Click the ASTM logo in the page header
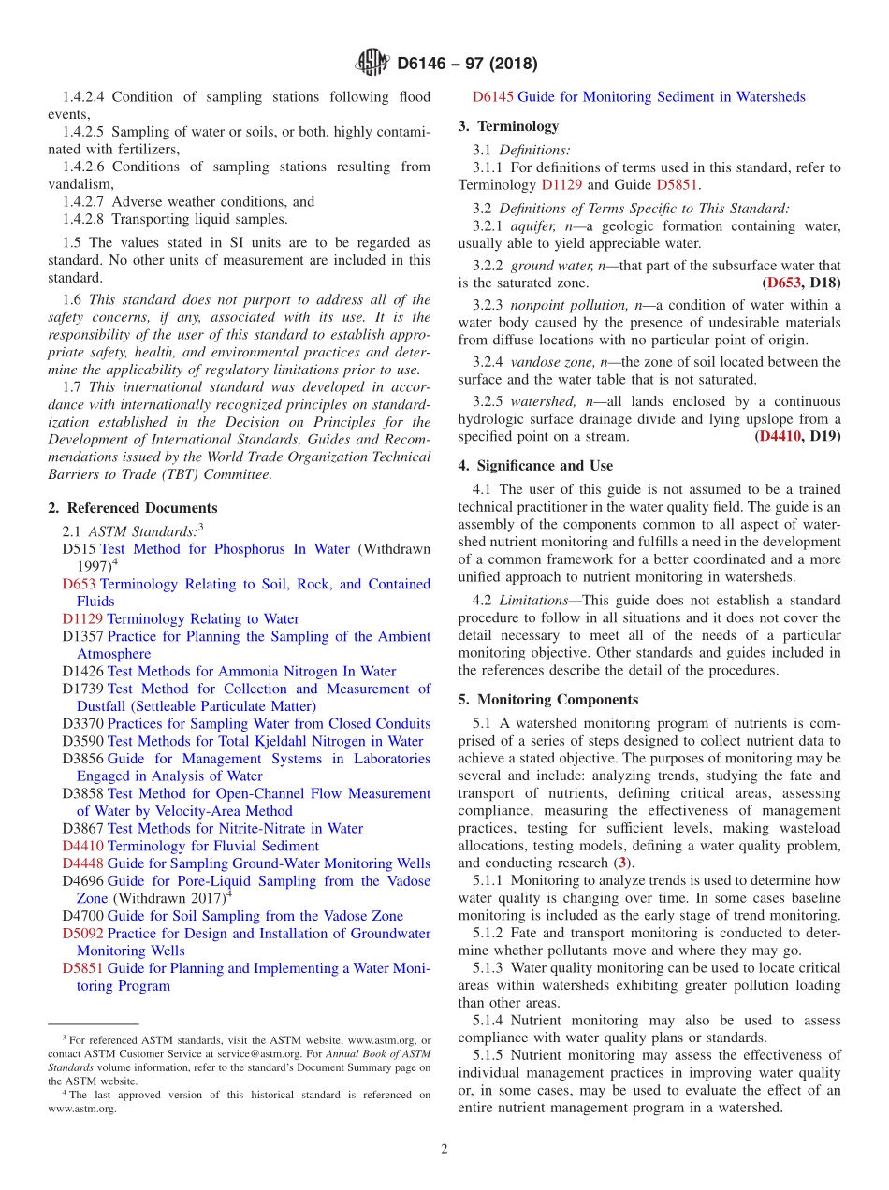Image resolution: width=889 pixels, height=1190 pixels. (372, 64)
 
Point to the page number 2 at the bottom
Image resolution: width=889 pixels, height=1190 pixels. (444, 1149)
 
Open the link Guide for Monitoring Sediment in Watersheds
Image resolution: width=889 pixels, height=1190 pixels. (661, 96)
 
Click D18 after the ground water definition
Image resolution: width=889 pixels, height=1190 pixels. (824, 283)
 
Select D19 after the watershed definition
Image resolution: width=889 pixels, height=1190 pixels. (824, 436)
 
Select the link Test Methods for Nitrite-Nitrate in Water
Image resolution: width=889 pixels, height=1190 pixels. (235, 828)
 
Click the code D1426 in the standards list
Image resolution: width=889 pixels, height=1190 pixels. (82, 671)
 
